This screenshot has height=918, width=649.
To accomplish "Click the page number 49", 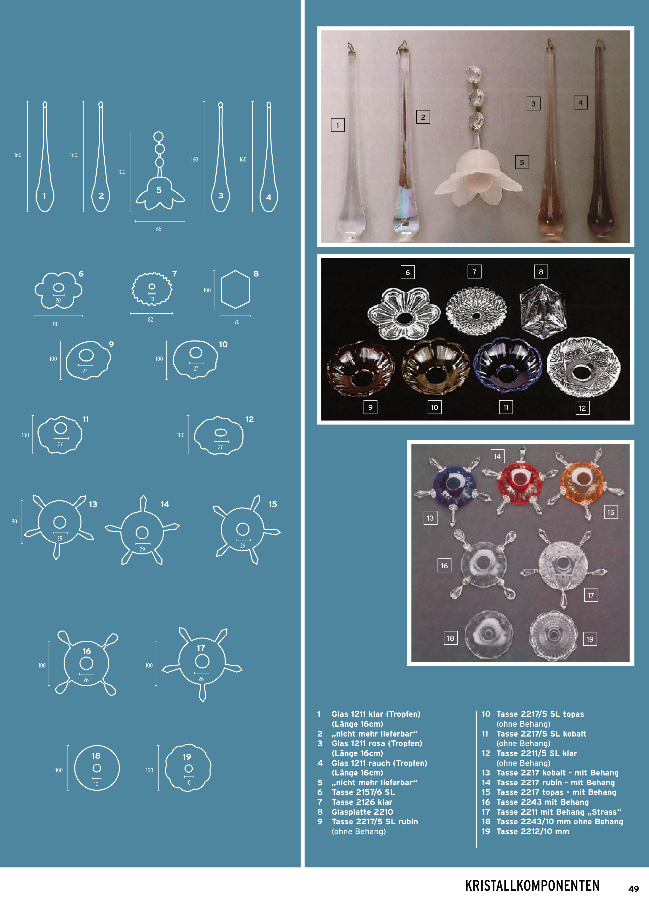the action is coord(633,888).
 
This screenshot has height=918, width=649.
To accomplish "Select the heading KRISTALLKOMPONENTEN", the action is coord(532,885).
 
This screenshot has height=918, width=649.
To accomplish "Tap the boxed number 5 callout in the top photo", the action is coord(522,162).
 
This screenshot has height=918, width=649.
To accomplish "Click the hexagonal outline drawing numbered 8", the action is coord(235,289).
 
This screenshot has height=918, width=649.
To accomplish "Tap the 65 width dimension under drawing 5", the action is coord(159,229).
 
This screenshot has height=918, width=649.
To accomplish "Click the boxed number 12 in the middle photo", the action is coord(582,408).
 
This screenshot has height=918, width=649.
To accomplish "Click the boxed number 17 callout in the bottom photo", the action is coord(591,595).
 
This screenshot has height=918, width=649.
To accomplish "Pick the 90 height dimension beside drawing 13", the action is coord(14,521).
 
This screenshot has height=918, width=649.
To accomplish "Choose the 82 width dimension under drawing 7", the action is coord(150,320).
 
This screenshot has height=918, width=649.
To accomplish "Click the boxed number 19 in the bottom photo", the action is coord(590,639).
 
